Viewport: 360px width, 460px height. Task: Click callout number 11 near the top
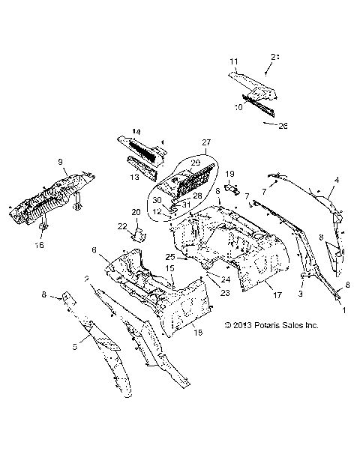click(233, 60)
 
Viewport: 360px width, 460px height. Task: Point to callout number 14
click(136, 132)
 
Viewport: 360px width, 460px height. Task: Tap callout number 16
click(40, 245)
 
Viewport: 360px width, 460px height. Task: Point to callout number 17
click(277, 295)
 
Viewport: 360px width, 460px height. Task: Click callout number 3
click(301, 294)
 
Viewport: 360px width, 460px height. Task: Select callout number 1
click(344, 309)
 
